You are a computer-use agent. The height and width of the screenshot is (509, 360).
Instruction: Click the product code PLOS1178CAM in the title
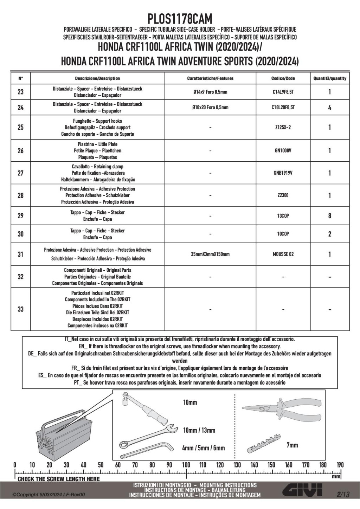point(180,19)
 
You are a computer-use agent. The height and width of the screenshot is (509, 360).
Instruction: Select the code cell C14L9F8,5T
point(283,92)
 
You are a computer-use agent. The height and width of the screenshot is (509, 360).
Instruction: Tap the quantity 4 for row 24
point(329,108)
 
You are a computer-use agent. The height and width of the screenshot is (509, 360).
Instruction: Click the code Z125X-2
point(283,127)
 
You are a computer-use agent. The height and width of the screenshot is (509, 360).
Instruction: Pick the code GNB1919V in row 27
point(283,173)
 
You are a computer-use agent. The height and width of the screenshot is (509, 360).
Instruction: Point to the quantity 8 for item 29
point(329,216)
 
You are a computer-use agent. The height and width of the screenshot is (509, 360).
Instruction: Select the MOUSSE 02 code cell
point(283,254)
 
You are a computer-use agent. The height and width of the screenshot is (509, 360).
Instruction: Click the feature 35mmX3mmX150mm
point(210,254)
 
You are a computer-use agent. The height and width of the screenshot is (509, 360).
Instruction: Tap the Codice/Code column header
point(283,78)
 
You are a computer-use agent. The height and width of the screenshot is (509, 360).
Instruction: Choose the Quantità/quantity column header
point(329,78)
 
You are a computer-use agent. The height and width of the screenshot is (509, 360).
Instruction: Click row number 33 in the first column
point(21,309)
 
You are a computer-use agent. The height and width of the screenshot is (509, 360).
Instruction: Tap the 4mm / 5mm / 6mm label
point(203,448)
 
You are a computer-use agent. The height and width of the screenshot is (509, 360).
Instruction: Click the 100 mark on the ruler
point(186,465)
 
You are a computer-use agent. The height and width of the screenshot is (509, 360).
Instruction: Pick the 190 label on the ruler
point(340,465)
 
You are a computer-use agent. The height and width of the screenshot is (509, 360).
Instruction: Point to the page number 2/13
point(343,495)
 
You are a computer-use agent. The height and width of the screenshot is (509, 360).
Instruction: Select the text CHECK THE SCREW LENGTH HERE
point(59,479)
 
